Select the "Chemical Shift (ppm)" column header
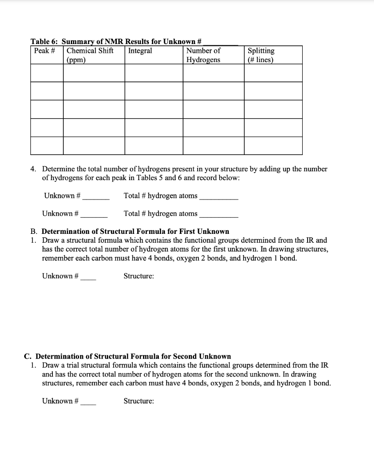pos(90,55)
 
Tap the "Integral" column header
pos(140,51)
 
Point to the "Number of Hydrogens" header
pos(203,55)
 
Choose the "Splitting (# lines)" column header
pos(261,55)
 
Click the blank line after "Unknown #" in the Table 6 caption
pos(220,43)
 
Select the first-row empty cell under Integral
pos(154,73)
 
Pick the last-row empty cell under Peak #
pos(47,145)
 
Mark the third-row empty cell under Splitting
pos(273,109)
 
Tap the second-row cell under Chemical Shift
pos(94,91)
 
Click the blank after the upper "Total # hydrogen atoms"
pos(219,196)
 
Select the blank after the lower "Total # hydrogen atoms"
pos(219,214)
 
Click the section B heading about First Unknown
pos(130,231)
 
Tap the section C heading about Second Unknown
pos(127,356)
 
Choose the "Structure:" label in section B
pos(139,276)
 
